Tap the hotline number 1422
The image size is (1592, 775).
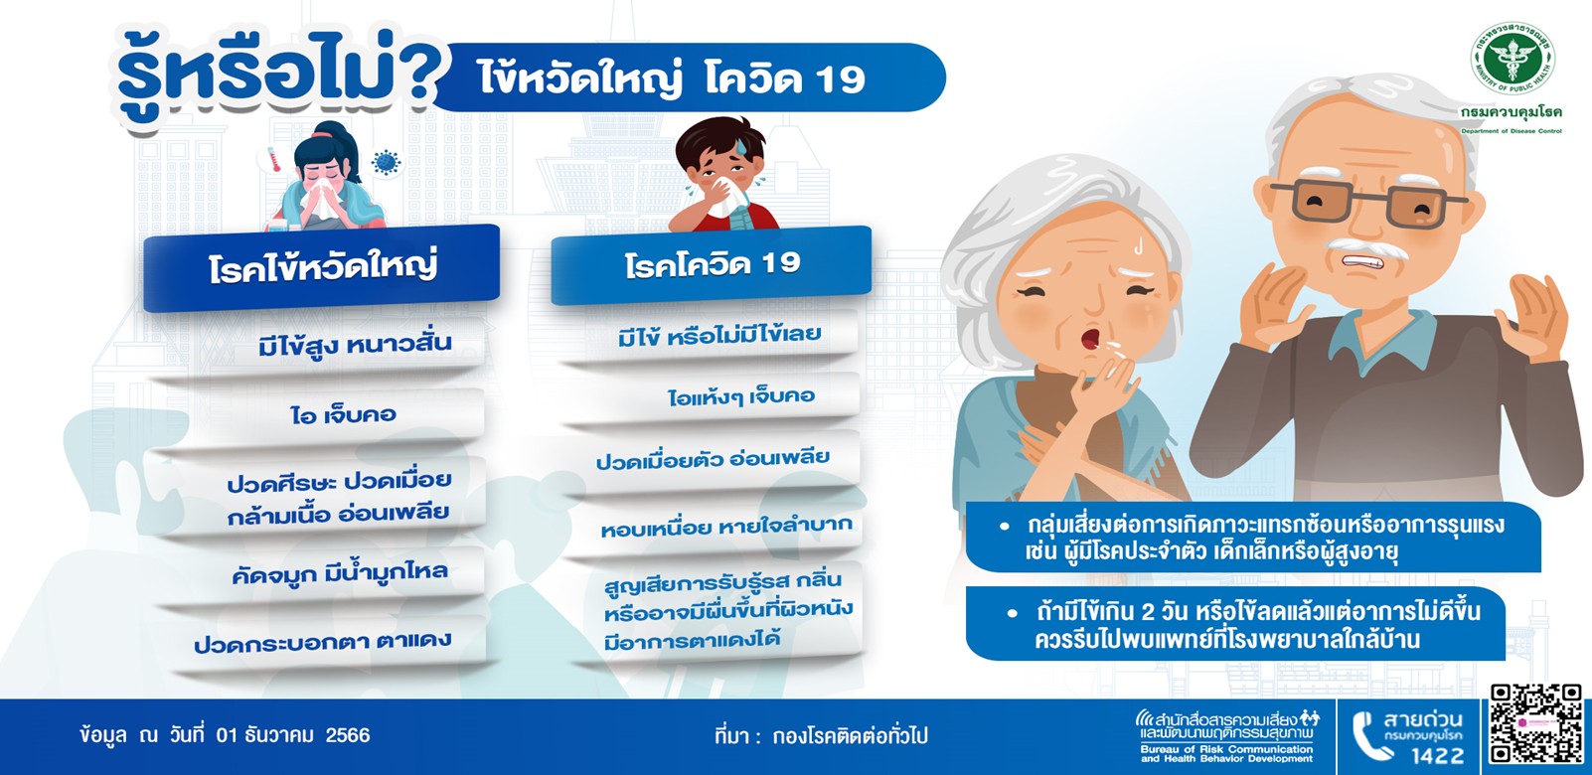click(x=1438, y=754)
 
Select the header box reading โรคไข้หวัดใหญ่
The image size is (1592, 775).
click(x=321, y=268)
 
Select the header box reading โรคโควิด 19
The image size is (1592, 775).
click(x=712, y=265)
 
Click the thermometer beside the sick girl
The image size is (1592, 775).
click(x=272, y=160)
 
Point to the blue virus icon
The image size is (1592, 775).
click(x=386, y=162)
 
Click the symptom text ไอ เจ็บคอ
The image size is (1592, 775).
click(x=343, y=415)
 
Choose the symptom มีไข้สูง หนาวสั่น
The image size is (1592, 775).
click(x=355, y=345)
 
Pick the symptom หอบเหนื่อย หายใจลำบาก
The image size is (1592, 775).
click(x=725, y=527)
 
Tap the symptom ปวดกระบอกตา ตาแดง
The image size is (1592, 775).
click(x=323, y=642)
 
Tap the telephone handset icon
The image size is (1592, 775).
click(x=1369, y=736)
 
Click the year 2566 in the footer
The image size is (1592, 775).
click(x=348, y=734)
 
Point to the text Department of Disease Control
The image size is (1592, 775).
click(x=1511, y=131)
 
